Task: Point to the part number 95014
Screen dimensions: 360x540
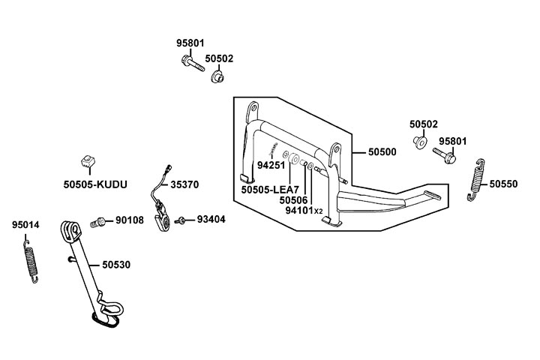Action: point(25,225)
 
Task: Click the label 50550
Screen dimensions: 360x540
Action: point(504,183)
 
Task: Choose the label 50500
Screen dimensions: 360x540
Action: point(382,151)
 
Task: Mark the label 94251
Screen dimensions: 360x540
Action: point(271,165)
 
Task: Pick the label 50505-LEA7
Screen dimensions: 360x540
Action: point(270,190)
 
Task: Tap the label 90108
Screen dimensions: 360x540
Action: point(130,220)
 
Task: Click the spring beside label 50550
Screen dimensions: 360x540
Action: point(477,181)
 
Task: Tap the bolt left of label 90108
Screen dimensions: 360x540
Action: point(97,221)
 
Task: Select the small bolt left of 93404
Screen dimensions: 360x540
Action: point(182,220)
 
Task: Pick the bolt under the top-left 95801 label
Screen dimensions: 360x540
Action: point(191,66)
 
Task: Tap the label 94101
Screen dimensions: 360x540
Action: point(299,211)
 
